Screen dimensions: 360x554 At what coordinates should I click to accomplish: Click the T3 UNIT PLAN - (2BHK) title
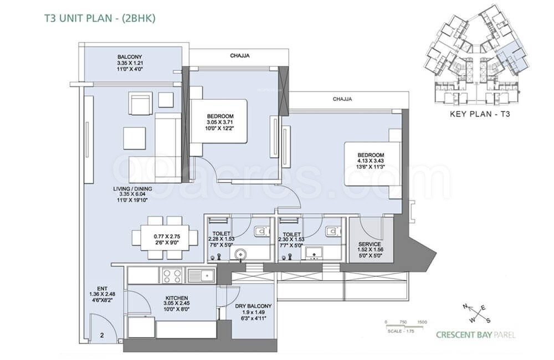coord(100,18)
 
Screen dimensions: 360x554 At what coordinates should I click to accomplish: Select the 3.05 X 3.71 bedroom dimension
coord(220,122)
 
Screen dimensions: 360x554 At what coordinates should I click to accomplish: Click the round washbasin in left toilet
coord(239,255)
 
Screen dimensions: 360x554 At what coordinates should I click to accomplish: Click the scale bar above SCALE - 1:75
coord(406,326)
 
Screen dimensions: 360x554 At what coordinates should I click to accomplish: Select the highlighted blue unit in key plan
coord(510,55)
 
